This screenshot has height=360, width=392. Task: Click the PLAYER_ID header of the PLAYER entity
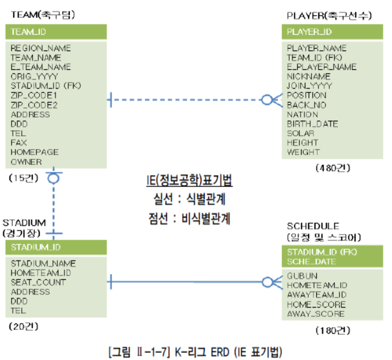tap(309, 32)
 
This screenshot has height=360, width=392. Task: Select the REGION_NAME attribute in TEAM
tap(41, 48)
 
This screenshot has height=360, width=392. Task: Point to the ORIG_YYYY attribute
tap(34, 76)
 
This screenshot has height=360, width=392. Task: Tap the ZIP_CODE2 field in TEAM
tap(34, 105)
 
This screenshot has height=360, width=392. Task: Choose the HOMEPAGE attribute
tap(34, 152)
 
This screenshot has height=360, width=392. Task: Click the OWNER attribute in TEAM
tap(26, 162)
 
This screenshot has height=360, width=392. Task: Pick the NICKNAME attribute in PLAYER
tap(309, 76)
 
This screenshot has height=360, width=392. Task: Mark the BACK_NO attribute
tap(307, 105)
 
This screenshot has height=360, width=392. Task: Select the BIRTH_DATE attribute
tap(313, 124)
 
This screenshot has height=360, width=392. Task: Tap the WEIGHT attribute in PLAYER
tap(304, 152)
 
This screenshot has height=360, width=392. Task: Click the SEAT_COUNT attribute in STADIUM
tap(38, 282)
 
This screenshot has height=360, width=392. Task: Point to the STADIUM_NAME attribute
tap(43, 263)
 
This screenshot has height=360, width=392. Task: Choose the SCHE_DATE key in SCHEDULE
tap(311, 261)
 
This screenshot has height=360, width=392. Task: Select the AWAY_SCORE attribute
tap(316, 314)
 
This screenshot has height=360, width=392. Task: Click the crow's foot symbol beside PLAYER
tap(270, 100)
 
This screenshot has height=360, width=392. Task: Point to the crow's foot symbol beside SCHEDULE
tap(270, 282)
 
